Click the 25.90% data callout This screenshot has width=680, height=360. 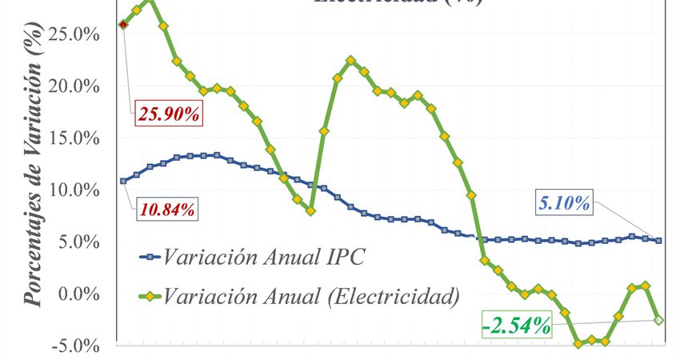click(x=169, y=114)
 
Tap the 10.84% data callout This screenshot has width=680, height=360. click(x=167, y=210)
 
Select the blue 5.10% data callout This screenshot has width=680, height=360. click(x=566, y=203)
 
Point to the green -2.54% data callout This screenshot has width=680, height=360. click(x=517, y=326)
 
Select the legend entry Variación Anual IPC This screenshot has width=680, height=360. click(x=264, y=257)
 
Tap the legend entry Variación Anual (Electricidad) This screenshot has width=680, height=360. click(x=312, y=297)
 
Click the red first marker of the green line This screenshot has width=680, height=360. click(x=123, y=25)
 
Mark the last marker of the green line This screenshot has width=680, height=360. click(x=658, y=320)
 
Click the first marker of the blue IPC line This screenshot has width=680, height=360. click(x=123, y=181)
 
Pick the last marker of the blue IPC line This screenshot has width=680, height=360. click(x=658, y=240)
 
